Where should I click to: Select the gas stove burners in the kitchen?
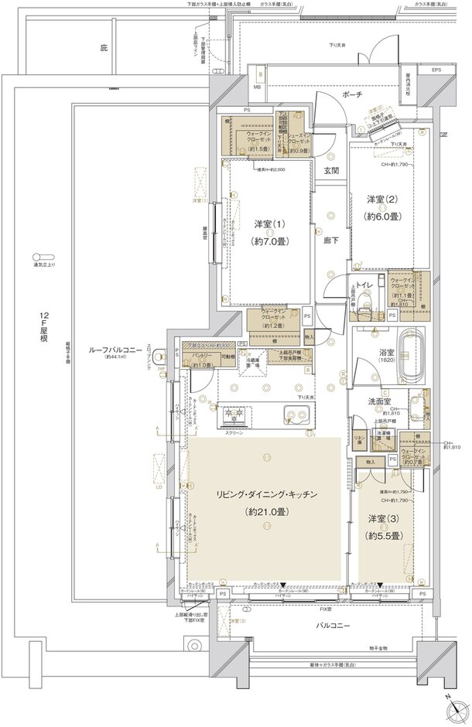(x=233, y=416)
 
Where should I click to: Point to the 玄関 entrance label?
(x=330, y=171)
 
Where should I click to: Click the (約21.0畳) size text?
(x=264, y=512)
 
